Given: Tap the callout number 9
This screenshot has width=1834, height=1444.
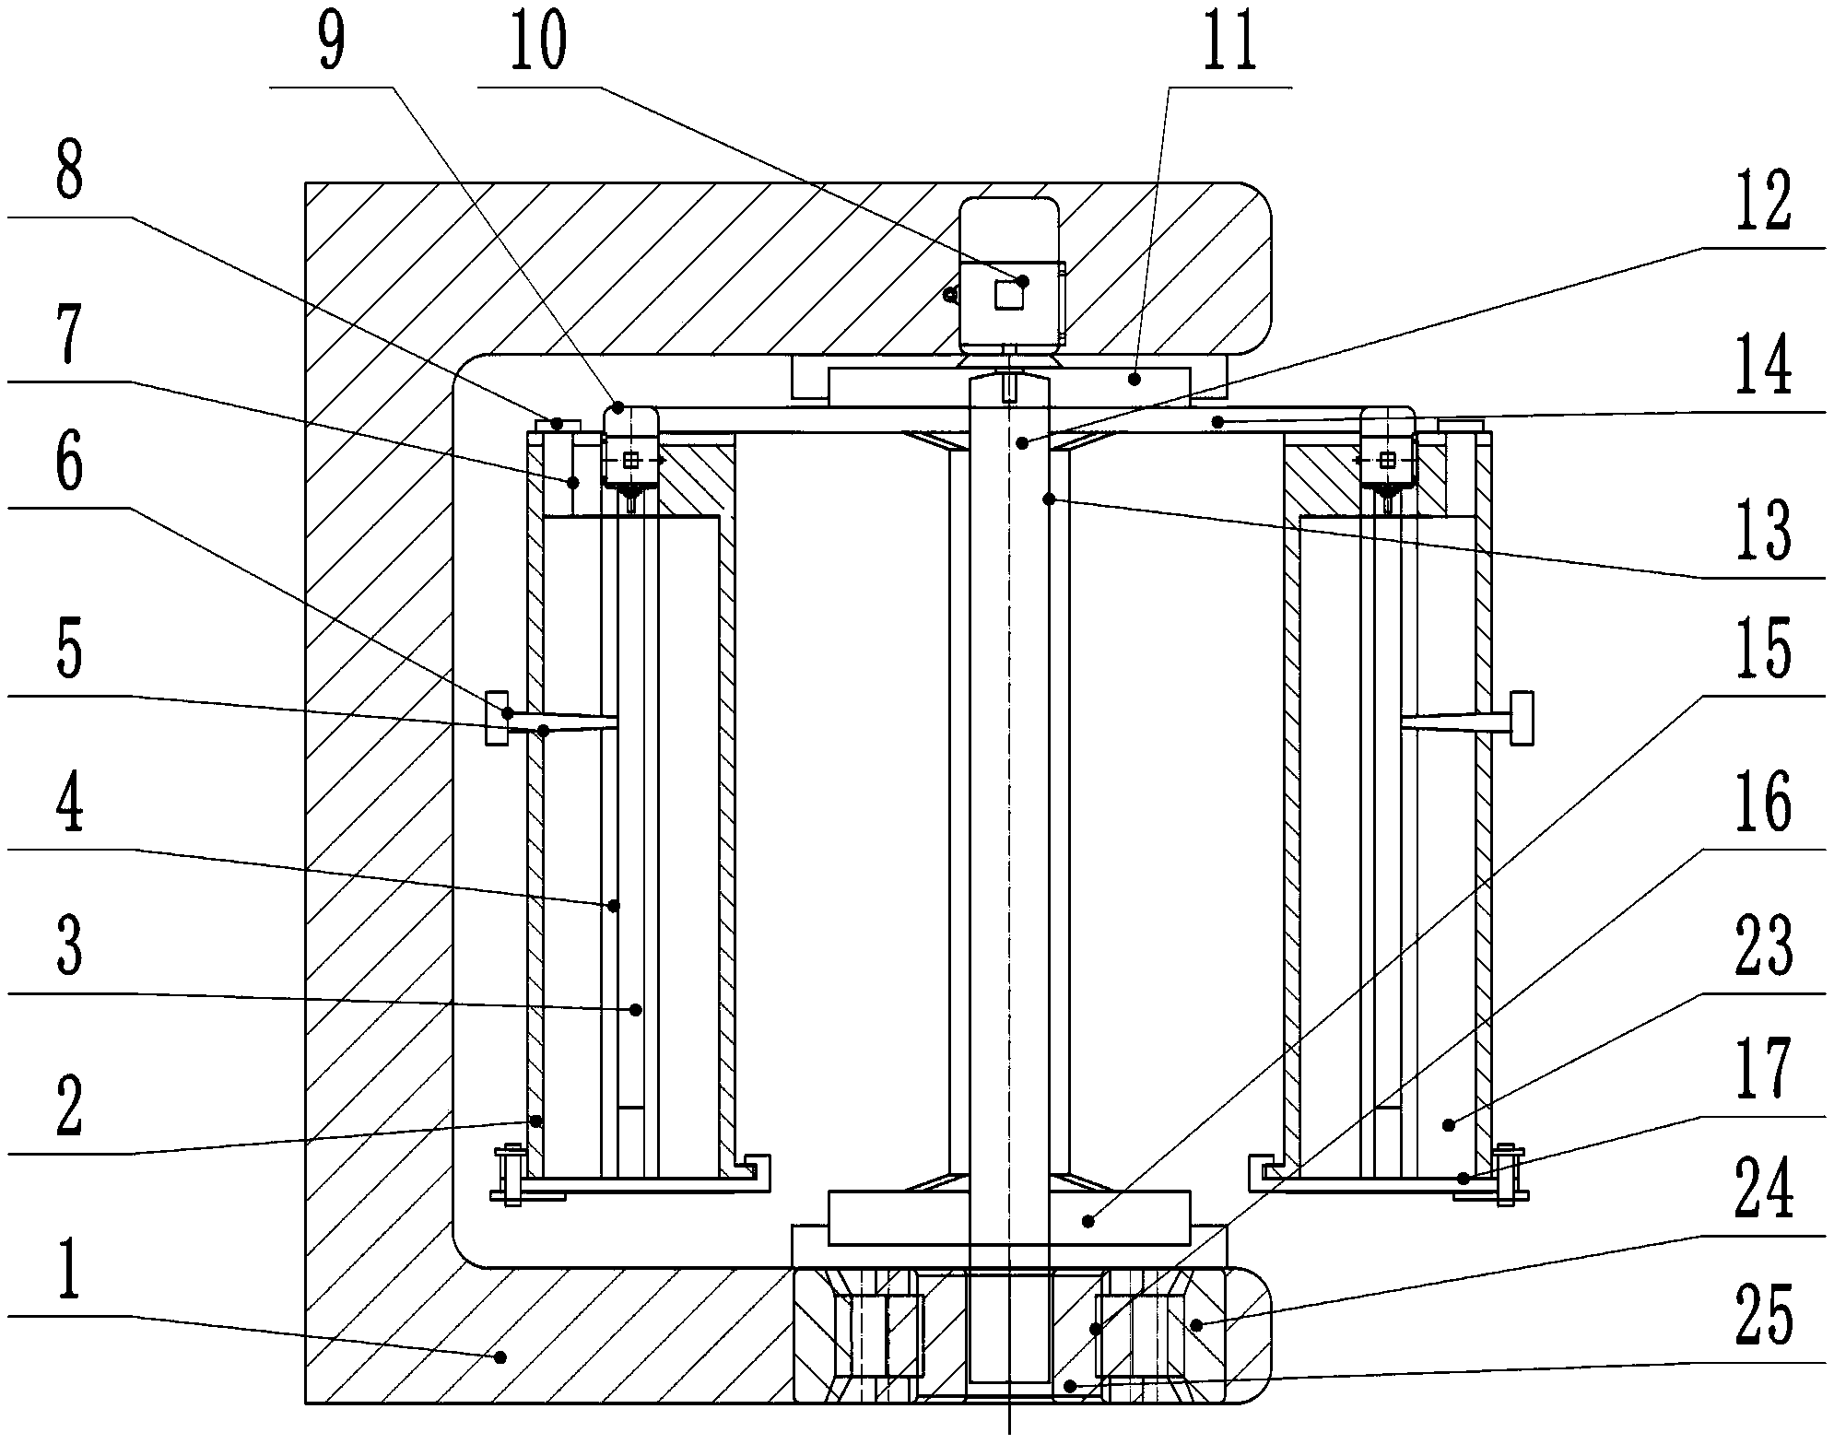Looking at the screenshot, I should click(x=331, y=41).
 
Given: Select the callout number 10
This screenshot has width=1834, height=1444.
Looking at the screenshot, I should click(x=539, y=41).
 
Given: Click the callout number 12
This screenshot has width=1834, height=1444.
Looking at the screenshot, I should click(x=1764, y=202).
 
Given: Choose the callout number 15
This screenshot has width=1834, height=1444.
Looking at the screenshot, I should click(x=1764, y=651).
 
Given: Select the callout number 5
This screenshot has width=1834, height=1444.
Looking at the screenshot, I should click(x=70, y=651).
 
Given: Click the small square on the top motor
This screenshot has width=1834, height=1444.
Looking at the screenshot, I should click(x=1008, y=295).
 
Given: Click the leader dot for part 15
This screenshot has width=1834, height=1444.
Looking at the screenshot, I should click(x=1088, y=1222).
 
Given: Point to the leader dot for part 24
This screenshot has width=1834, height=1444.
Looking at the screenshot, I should click(x=1196, y=1325).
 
